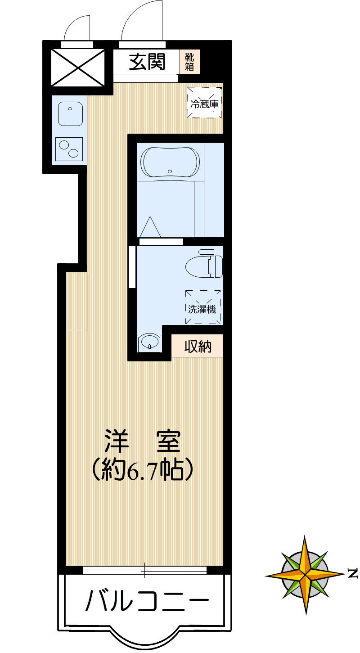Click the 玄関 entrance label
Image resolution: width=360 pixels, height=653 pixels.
click(x=147, y=62)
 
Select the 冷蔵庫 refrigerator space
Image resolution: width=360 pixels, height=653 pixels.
click(x=205, y=103)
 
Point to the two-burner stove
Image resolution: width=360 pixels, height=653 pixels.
click(x=69, y=149)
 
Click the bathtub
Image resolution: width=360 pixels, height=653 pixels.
click(x=170, y=162)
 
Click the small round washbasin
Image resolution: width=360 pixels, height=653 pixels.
click(x=149, y=342)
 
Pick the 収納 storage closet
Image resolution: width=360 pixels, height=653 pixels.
click(x=198, y=347)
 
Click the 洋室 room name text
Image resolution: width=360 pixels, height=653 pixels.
click(x=143, y=442)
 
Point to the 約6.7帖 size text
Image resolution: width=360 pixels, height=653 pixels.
click(x=143, y=470)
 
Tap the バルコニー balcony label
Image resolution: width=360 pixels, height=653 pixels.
click(x=147, y=600)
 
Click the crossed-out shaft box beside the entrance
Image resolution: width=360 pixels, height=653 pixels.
click(x=77, y=68)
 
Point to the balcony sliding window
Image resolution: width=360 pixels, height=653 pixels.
click(x=144, y=570)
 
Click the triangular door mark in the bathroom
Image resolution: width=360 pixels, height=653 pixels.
click(x=150, y=226)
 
